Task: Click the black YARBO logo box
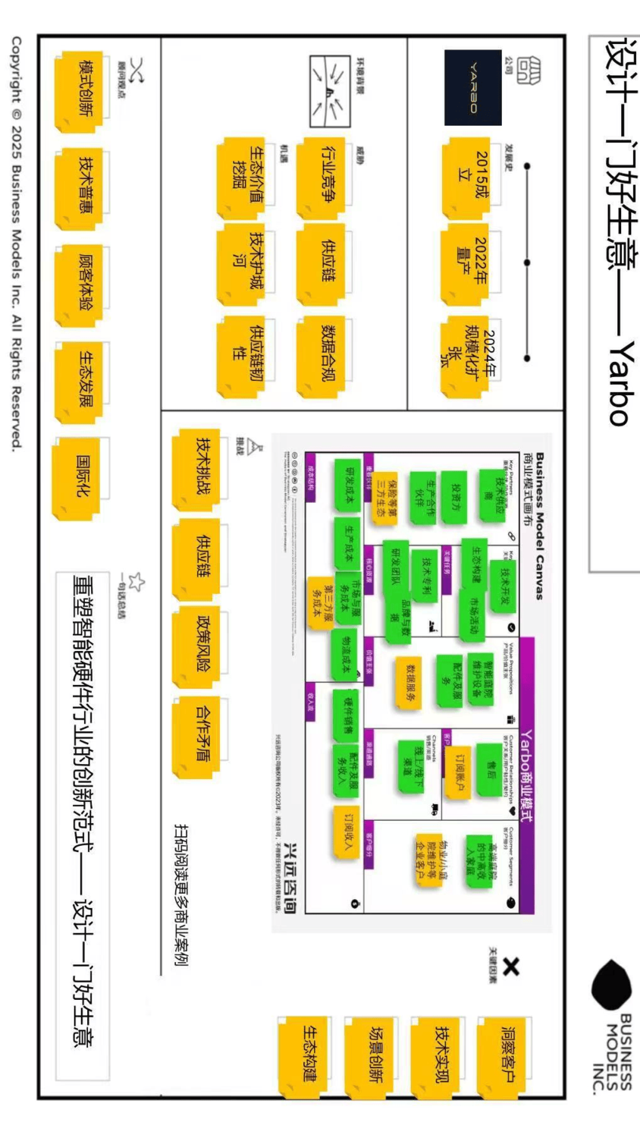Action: (x=472, y=87)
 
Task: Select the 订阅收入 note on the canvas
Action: (x=345, y=833)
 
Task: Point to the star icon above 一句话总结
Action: (x=136, y=582)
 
